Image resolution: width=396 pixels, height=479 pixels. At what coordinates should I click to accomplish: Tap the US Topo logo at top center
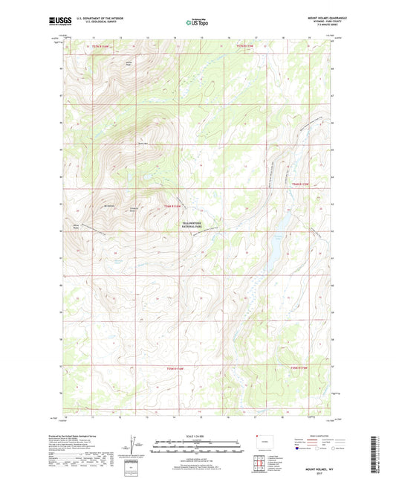198,22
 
